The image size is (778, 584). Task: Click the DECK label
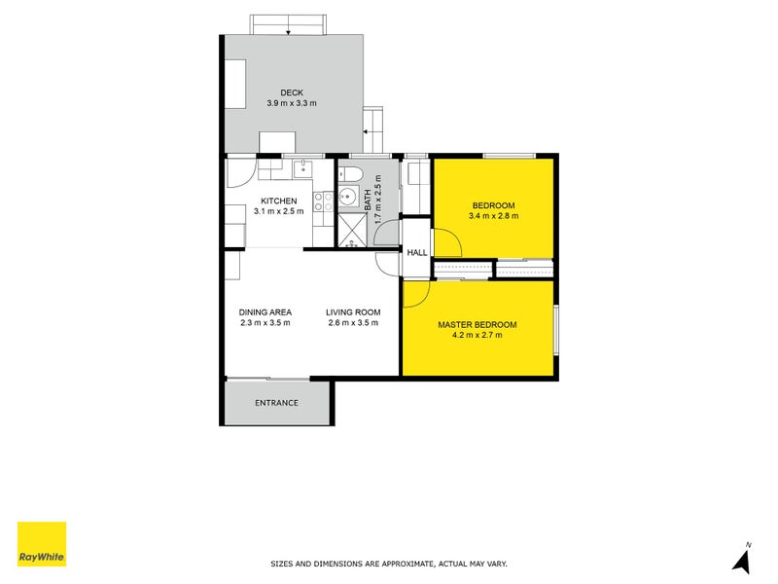point(293,92)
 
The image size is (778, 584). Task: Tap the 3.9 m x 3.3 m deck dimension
point(293,103)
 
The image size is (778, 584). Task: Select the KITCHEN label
point(279,201)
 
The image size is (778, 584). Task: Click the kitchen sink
point(302,168)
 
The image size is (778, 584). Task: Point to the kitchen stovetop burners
point(325,201)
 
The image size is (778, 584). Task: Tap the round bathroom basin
point(347,196)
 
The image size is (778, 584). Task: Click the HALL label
point(417,252)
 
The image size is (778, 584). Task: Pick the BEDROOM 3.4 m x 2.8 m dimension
point(493,216)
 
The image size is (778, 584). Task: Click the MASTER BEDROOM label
point(477,324)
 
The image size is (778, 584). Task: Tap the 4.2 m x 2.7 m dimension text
point(477,335)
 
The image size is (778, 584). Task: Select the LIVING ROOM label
point(353,312)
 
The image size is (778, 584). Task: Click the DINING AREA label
point(265,312)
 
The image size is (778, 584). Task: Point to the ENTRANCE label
point(276,403)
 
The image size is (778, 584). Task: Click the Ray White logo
point(42,544)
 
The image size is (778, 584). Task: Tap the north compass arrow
point(742,559)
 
